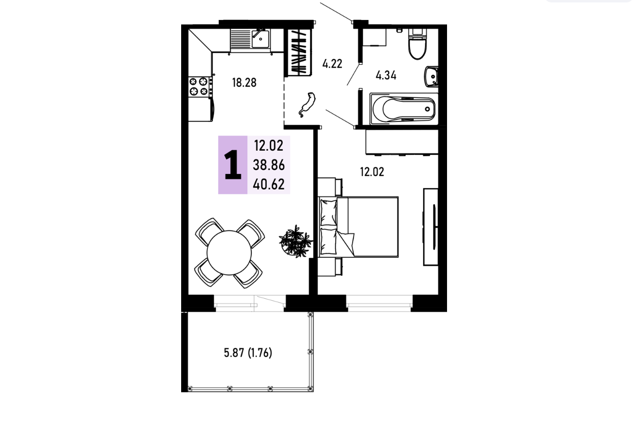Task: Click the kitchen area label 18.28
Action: coord(244,83)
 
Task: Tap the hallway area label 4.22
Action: coord(332,64)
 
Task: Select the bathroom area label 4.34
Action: coord(386,76)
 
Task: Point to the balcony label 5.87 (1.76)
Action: coord(248,353)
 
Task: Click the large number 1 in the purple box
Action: coord(233,165)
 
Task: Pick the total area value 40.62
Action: coord(268,184)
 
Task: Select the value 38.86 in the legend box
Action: coord(268,165)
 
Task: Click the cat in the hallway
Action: coord(307,104)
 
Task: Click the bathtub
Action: coord(404,109)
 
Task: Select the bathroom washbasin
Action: coord(431,77)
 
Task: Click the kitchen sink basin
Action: coord(261,39)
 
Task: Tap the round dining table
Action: coord(229,253)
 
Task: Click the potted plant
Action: coord(296,242)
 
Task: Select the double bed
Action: coord(358,227)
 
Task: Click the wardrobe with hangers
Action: coord(299,52)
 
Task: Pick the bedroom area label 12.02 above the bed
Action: coord(372,172)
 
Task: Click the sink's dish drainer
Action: coord(241,39)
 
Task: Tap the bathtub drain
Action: coord(427,109)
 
